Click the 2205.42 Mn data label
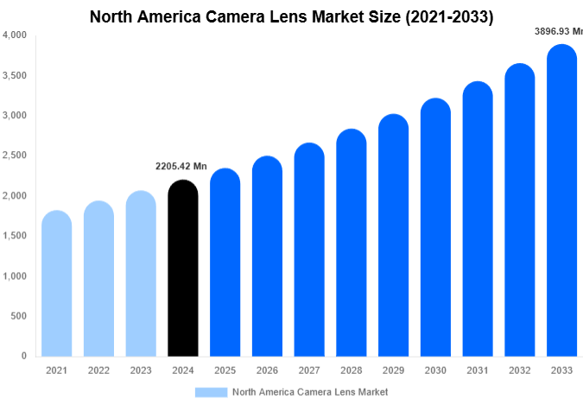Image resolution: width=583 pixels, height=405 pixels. coord(181,167)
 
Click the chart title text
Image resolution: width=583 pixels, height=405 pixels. coord(291,16)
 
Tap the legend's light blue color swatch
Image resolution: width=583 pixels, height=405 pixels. coord(211,391)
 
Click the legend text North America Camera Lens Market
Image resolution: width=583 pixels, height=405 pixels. coord(310,391)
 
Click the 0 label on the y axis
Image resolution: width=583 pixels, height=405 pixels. coord(23,356)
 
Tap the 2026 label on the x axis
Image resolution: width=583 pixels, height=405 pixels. coord(267,370)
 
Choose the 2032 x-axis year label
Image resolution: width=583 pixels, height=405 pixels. coord(519,370)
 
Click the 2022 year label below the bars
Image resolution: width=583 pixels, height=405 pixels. coord(98,370)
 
